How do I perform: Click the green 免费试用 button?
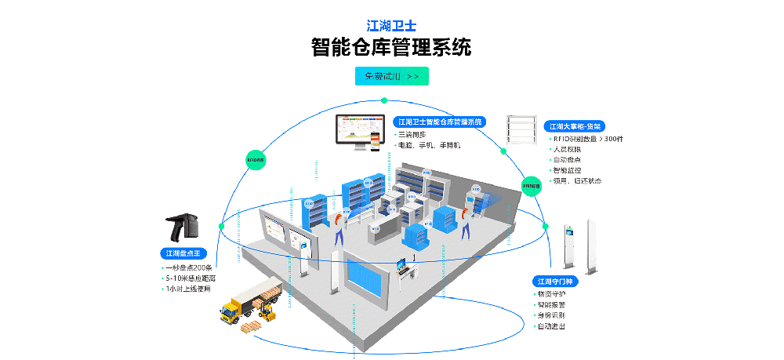[392, 76]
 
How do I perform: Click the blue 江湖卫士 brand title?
[391, 25]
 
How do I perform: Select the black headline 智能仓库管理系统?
[391, 47]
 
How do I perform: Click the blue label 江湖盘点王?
[183, 253]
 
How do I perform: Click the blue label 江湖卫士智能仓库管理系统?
[439, 122]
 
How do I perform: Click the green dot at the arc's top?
[384, 100]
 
